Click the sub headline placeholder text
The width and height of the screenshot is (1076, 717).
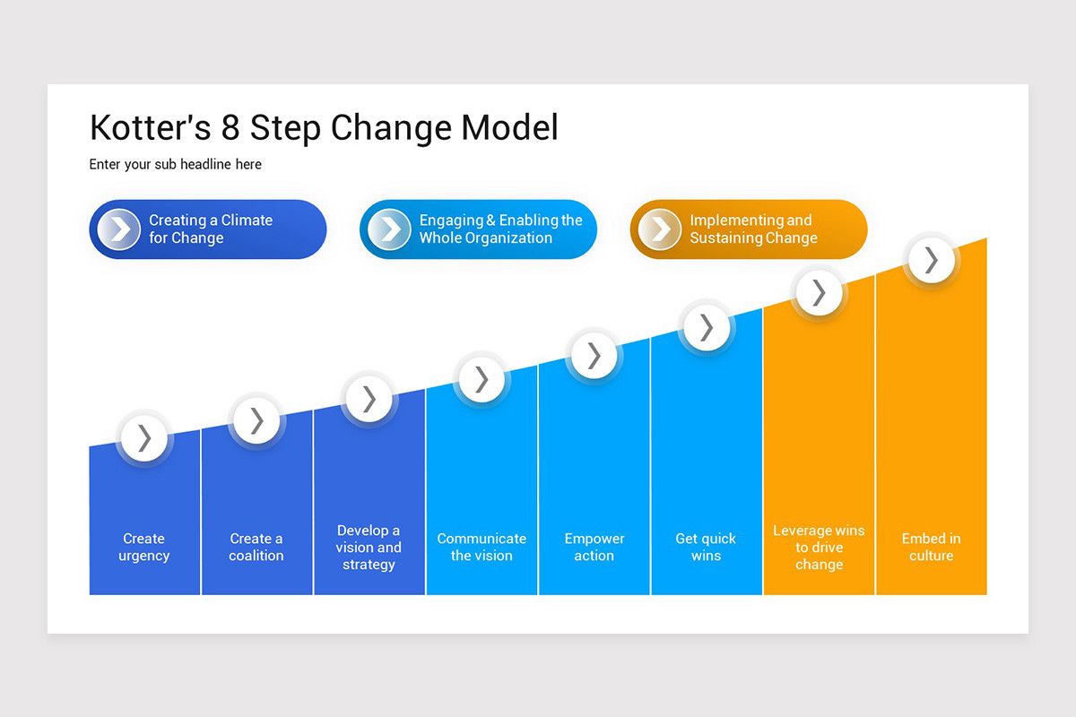(x=175, y=164)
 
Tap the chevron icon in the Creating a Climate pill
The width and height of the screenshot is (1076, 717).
(x=119, y=229)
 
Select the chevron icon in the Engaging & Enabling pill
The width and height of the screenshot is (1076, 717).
(x=390, y=229)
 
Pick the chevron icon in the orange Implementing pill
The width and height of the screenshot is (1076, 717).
(x=660, y=229)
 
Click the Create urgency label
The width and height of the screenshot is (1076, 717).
(x=144, y=547)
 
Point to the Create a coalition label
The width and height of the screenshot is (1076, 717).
(x=256, y=547)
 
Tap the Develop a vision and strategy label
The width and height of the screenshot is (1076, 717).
(x=369, y=547)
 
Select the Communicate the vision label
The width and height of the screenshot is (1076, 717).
(x=482, y=547)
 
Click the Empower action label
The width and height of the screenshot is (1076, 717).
(x=594, y=547)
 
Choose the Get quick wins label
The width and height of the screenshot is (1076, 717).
(x=706, y=547)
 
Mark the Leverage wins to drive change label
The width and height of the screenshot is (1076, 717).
(x=819, y=547)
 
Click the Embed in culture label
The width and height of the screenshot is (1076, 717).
(x=931, y=547)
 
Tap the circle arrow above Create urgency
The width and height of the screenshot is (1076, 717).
(x=144, y=438)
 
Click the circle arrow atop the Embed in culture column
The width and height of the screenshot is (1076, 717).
(x=932, y=260)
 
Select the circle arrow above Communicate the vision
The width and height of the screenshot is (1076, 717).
(x=482, y=379)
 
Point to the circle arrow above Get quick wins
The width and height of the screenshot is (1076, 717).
(x=707, y=327)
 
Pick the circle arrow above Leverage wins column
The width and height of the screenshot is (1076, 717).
(x=819, y=293)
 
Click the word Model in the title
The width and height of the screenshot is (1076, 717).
(x=509, y=127)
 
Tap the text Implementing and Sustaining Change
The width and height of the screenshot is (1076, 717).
(x=753, y=229)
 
